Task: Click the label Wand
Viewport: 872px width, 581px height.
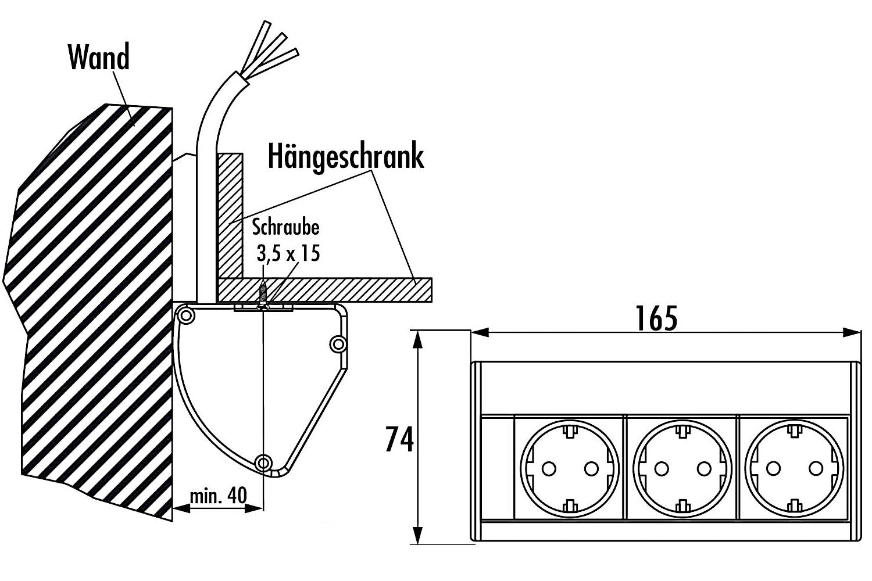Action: click(x=98, y=57)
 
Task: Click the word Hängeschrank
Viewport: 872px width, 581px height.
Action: click(x=346, y=157)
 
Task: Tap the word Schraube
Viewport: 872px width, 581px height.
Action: click(x=285, y=228)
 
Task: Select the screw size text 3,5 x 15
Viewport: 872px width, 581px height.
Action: click(x=288, y=253)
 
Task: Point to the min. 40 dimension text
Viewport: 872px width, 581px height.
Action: click(x=218, y=496)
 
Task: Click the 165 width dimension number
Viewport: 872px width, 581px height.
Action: click(x=656, y=318)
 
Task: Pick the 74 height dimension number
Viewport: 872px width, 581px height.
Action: click(x=399, y=439)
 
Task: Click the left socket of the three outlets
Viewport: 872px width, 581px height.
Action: click(x=569, y=468)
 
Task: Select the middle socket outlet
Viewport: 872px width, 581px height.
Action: click(x=682, y=468)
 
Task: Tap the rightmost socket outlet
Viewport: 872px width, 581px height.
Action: click(x=794, y=468)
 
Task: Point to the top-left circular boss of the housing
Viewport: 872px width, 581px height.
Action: click(x=185, y=315)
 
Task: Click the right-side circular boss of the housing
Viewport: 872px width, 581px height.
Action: click(x=338, y=344)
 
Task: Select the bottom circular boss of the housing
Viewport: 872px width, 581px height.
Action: click(x=264, y=462)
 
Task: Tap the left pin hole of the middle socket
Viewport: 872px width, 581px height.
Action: click(x=662, y=469)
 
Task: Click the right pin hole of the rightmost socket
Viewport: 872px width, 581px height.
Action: click(x=816, y=469)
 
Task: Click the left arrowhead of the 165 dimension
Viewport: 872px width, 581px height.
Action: click(x=480, y=332)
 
